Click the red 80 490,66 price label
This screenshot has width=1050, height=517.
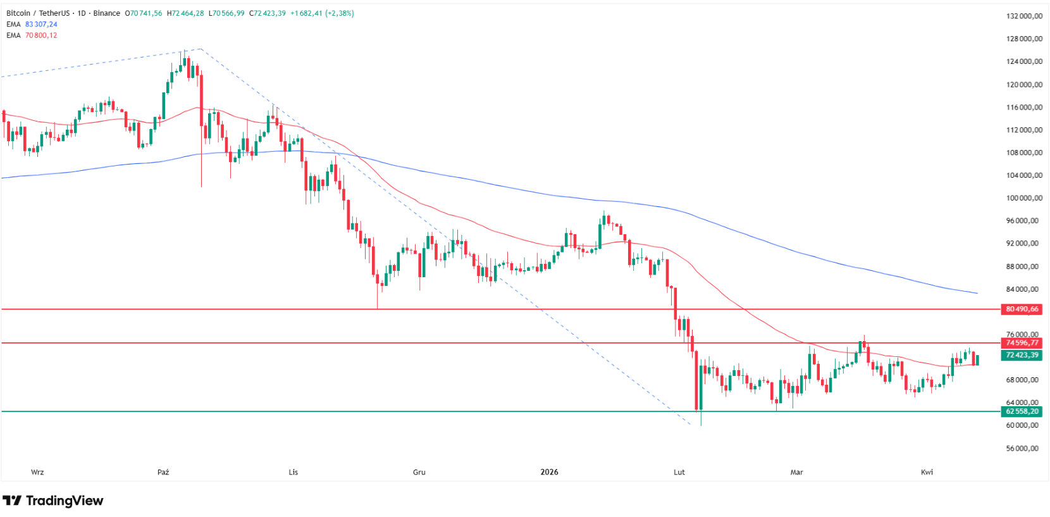1022,309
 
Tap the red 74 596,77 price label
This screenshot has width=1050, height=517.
1022,343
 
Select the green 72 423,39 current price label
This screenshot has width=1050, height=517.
1022,355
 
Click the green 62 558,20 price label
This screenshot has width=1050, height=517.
1022,411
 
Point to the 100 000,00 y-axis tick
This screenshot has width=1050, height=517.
1023,198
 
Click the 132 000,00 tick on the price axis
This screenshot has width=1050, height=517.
1023,16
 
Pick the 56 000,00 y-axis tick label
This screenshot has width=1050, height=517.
1023,449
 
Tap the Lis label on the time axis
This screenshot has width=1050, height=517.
293,472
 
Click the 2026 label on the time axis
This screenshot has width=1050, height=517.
549,472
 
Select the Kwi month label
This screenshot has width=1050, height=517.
927,472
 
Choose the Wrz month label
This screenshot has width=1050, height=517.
37,472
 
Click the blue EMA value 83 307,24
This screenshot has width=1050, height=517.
41,25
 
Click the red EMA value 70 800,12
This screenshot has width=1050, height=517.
41,35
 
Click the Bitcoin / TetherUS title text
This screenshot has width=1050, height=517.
37,13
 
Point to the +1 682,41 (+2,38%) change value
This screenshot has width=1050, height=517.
322,13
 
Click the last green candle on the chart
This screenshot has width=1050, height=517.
977,360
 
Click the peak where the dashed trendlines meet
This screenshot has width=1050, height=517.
200,49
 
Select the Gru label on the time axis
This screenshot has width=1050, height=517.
419,472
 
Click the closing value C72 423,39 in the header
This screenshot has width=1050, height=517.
268,13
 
